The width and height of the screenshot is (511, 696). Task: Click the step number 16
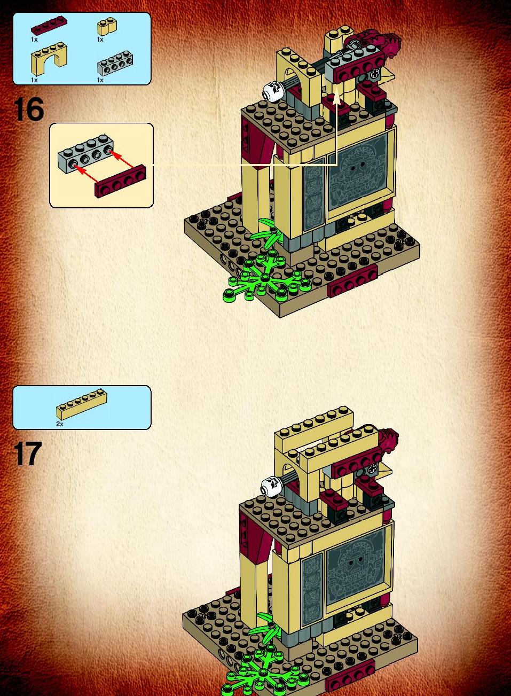point(28,109)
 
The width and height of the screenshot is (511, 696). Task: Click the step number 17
point(28,454)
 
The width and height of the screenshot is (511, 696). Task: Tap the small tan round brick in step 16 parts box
point(107,27)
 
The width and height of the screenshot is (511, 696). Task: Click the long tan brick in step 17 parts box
point(82,404)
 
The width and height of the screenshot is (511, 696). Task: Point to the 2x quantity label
point(59,424)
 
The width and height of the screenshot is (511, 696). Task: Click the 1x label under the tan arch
point(34,80)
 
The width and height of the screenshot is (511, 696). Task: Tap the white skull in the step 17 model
point(271,486)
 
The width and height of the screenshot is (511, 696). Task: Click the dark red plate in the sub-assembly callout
point(121,181)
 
